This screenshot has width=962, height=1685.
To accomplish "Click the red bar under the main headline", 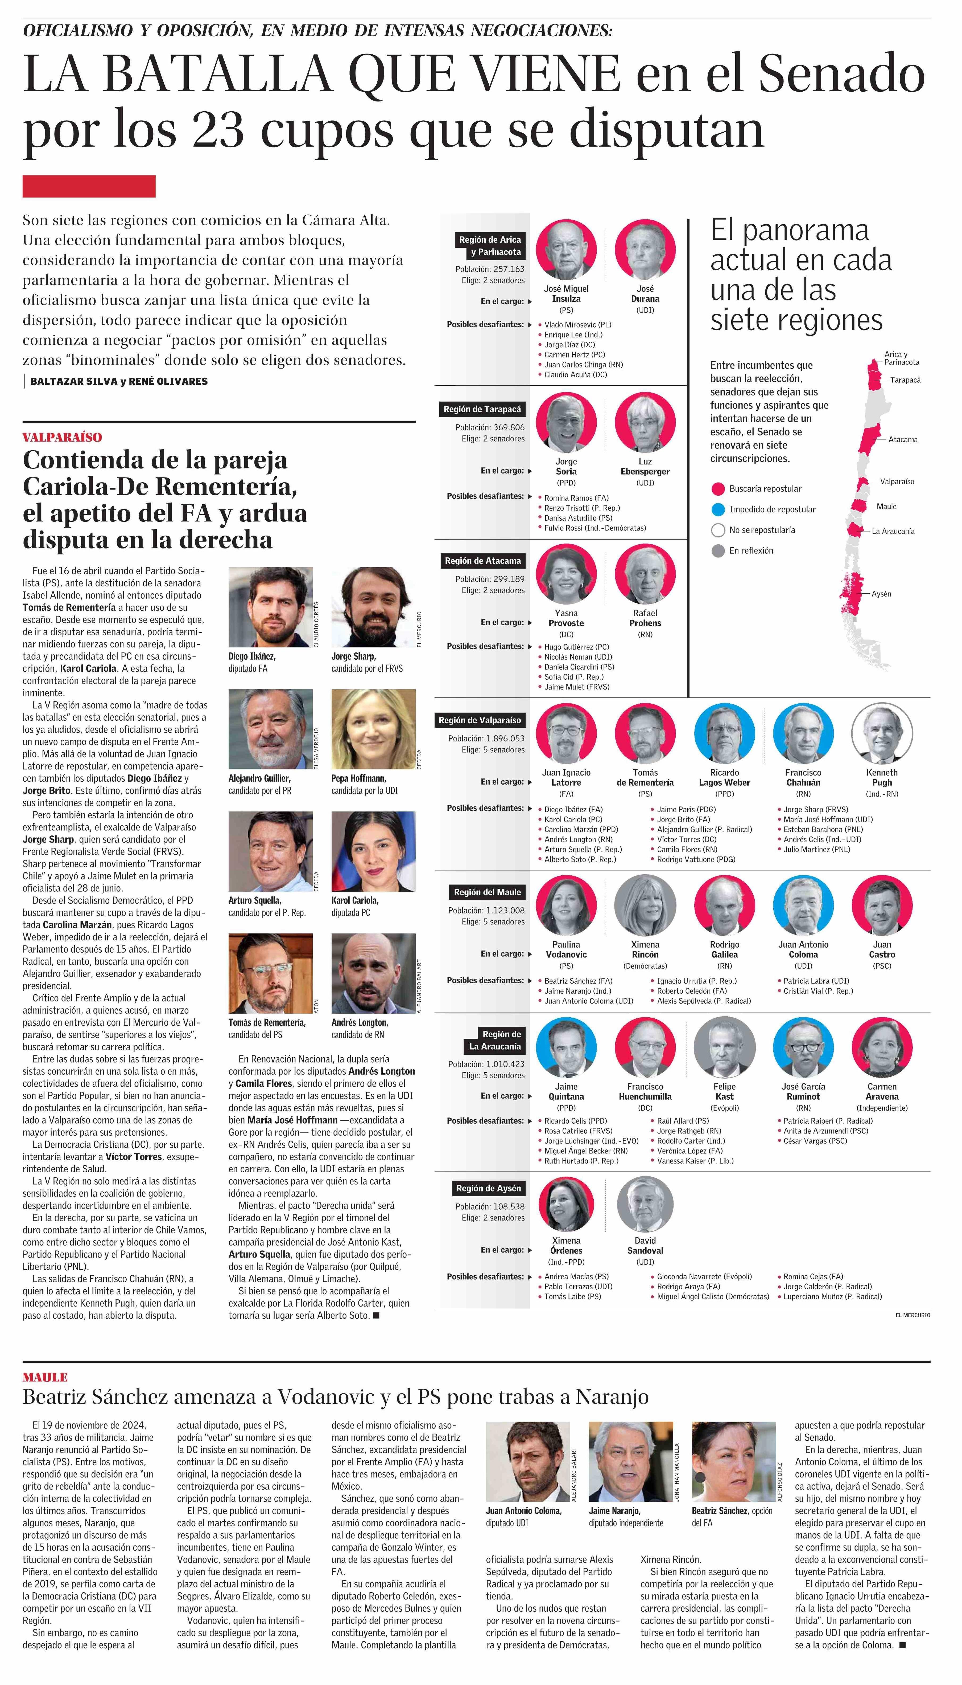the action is (x=89, y=186).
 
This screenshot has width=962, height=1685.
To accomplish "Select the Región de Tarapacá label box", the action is (x=482, y=409).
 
